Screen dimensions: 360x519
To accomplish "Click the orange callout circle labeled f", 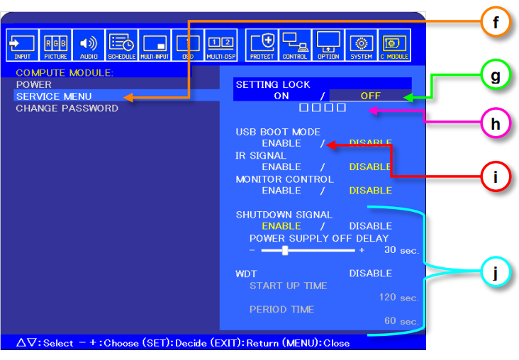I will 496,23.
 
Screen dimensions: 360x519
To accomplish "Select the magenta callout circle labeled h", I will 496,123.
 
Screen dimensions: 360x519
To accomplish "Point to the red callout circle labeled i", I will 496,174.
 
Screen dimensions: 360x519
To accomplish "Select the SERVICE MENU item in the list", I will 54,96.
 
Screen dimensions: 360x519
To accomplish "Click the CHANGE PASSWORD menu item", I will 67,108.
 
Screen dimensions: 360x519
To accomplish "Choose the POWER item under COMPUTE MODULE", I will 34,84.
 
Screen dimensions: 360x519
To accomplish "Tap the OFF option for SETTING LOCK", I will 370,96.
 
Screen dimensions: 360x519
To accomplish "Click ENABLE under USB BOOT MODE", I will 281,143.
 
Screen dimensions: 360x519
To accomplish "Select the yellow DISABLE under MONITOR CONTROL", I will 370,191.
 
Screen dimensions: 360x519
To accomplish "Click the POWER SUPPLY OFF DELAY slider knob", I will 285,250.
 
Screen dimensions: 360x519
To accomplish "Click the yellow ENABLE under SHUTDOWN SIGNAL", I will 281,226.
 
